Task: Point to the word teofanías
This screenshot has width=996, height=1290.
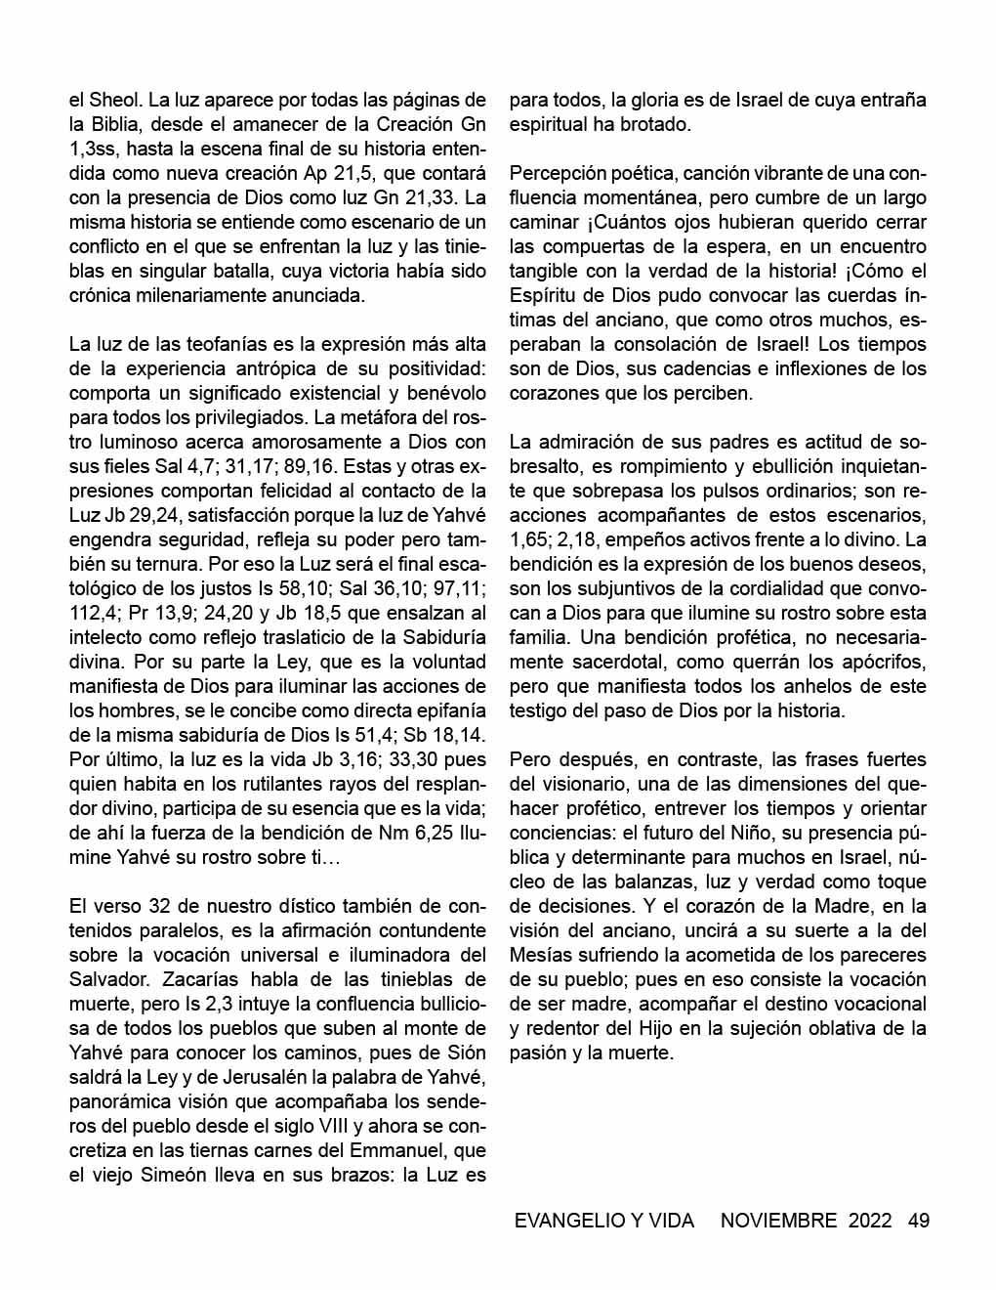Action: click(212, 344)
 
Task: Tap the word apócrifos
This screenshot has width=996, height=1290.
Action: click(881, 662)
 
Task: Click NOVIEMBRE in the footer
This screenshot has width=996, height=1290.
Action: click(778, 1220)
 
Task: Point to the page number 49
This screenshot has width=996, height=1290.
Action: click(918, 1220)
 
